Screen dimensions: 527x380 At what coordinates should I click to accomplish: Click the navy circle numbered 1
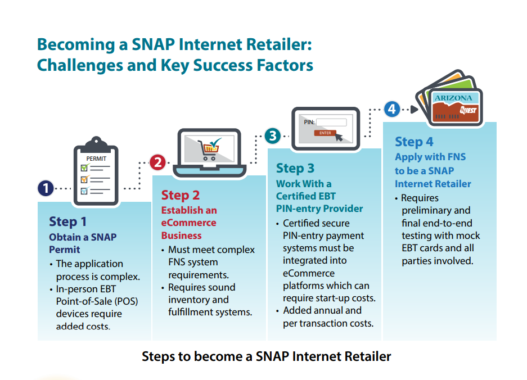click(x=46, y=188)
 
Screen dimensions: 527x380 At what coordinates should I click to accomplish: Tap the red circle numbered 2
click(x=157, y=162)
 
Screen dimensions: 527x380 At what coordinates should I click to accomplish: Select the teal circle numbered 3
click(x=273, y=136)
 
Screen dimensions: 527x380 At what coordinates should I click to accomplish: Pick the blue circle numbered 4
click(x=392, y=109)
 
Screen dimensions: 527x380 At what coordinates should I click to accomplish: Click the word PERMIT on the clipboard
click(x=96, y=159)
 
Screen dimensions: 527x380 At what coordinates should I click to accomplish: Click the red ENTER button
click(x=325, y=133)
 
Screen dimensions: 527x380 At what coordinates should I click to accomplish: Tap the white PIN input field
click(x=331, y=123)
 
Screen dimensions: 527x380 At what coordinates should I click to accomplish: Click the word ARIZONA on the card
click(x=453, y=98)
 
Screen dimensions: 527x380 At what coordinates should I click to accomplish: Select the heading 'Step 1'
click(x=68, y=221)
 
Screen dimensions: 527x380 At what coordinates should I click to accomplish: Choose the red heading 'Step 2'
click(x=181, y=195)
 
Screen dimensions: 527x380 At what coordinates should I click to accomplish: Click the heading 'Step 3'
click(x=295, y=168)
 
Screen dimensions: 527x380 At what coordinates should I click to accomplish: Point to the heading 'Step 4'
click(x=414, y=142)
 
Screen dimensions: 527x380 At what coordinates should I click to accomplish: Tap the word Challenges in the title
click(x=80, y=65)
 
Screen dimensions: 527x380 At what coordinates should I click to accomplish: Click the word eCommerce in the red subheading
click(x=188, y=223)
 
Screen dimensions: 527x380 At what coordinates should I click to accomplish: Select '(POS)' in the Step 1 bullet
click(x=127, y=301)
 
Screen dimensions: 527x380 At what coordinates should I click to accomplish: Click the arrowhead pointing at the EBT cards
click(x=415, y=110)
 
